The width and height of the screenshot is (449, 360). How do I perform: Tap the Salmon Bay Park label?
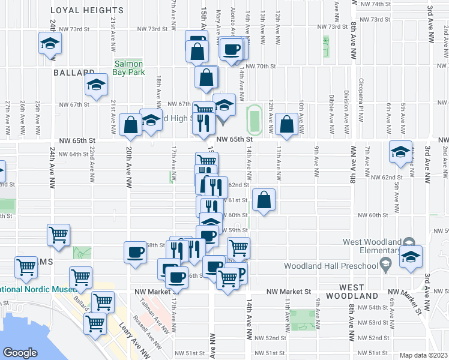tap(128, 68)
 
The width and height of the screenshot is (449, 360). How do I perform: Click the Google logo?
tap(20, 353)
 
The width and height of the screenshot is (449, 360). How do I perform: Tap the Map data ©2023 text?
tap(424, 355)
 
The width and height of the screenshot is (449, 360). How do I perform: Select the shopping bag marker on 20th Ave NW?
tap(130, 125)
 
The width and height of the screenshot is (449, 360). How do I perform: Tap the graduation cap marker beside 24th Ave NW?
tap(50, 43)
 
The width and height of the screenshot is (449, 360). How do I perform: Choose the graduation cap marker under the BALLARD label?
tap(95, 85)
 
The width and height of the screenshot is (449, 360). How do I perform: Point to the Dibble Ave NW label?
tap(331, 108)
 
